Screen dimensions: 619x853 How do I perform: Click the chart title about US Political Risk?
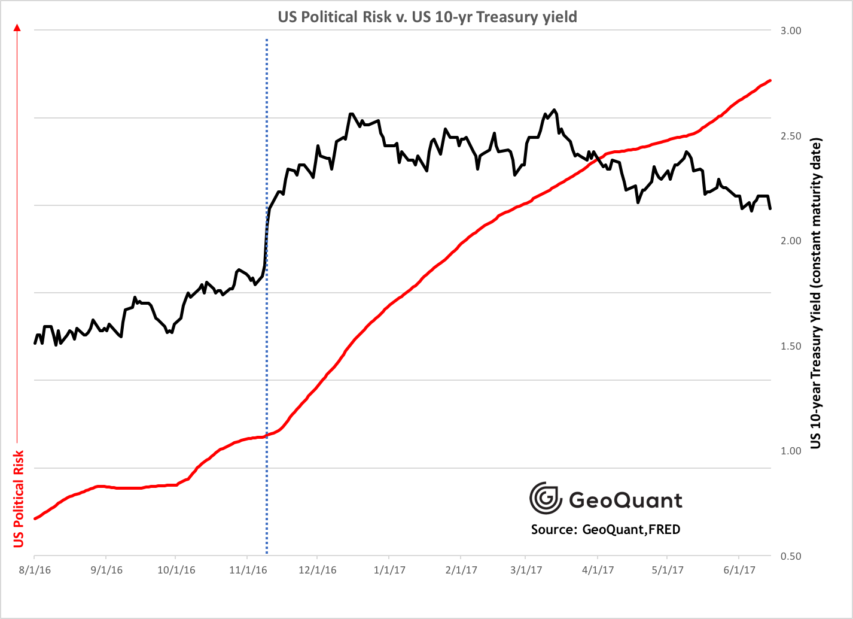(427, 17)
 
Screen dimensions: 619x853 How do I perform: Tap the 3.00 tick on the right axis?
(791, 31)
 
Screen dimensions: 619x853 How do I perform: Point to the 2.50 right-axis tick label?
(791, 136)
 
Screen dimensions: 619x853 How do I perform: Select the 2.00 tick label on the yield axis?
(791, 241)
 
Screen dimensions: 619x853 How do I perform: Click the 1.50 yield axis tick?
(791, 346)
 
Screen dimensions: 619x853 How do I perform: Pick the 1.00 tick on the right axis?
(791, 451)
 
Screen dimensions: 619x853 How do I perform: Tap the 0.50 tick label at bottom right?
(791, 556)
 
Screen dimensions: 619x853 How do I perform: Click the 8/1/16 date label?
(35, 570)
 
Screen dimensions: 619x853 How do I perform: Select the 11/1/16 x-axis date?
(248, 570)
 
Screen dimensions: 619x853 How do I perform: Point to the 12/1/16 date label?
(318, 570)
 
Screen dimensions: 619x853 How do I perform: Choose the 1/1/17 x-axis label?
(389, 570)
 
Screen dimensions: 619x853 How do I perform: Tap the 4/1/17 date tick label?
(598, 570)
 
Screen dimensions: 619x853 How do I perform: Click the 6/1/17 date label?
(739, 570)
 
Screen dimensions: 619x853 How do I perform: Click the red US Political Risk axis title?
(19, 499)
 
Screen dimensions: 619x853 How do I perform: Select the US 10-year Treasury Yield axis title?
(816, 293)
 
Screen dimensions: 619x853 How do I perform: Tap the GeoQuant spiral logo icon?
(546, 498)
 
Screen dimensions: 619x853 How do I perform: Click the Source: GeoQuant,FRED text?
(605, 529)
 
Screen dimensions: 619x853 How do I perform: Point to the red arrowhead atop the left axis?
(17, 27)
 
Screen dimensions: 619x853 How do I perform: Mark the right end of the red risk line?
(770, 80)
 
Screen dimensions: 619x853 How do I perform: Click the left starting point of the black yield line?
(35, 343)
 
